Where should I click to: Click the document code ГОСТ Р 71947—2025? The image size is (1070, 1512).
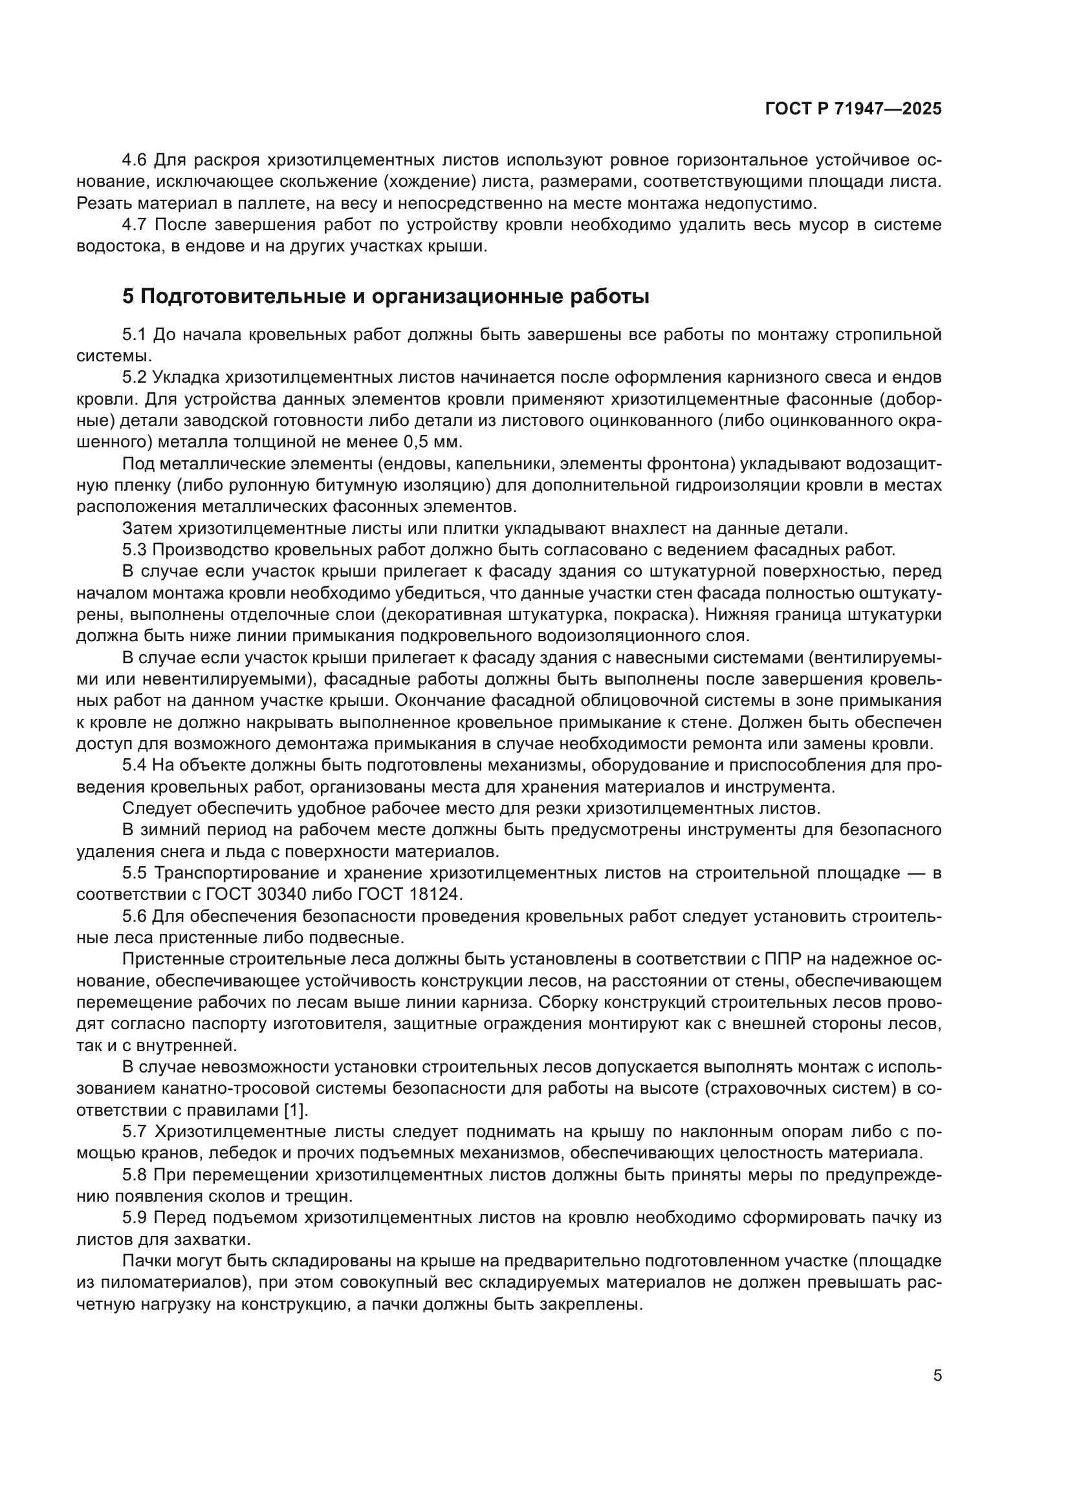tap(853, 109)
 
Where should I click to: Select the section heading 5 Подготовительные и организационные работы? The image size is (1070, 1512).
tap(386, 297)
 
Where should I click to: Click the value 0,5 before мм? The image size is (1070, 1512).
tap(419, 442)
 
